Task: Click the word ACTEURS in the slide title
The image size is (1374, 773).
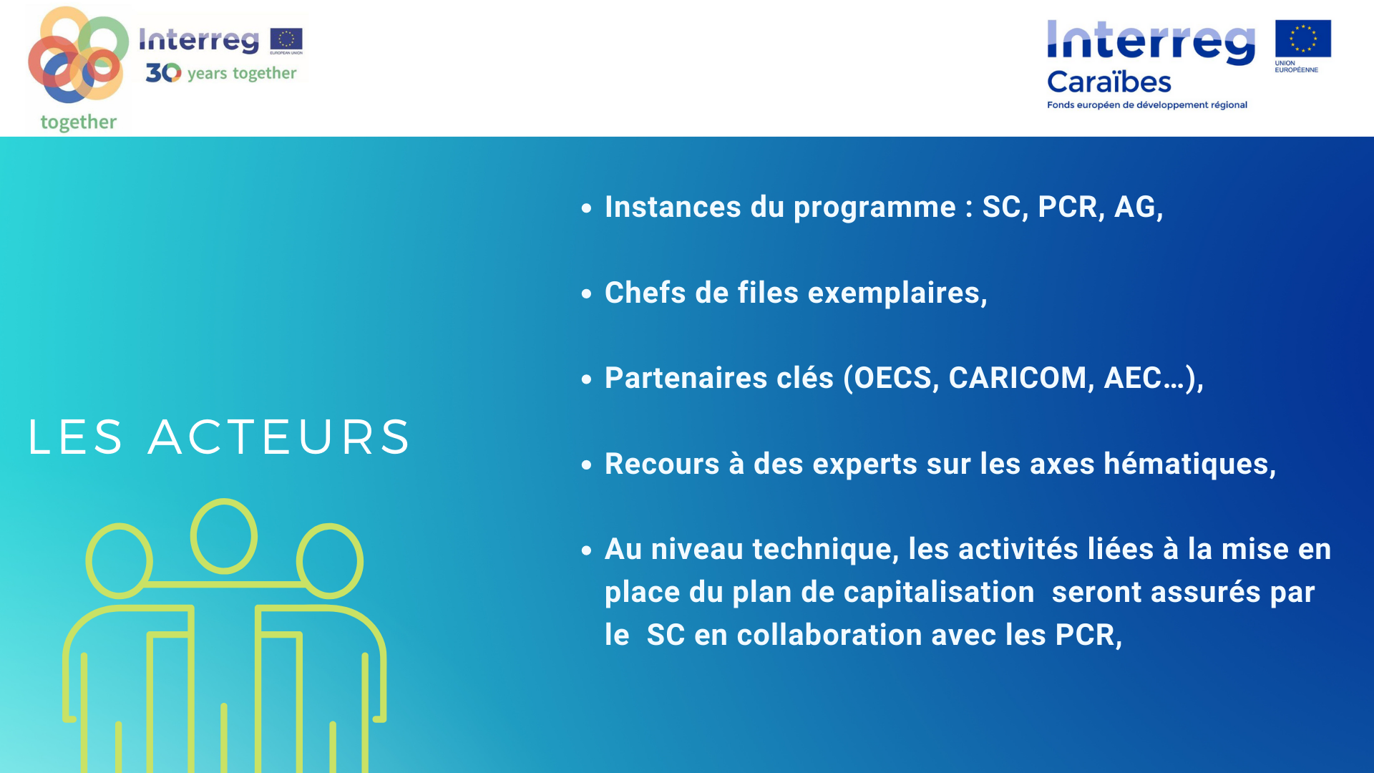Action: (x=279, y=437)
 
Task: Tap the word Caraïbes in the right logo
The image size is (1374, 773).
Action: (x=1109, y=82)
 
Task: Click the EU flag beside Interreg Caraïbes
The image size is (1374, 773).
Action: (x=1302, y=39)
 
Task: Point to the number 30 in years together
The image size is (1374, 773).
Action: (x=163, y=72)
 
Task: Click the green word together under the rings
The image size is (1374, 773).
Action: (x=79, y=122)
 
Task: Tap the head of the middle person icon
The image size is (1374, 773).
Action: (x=224, y=536)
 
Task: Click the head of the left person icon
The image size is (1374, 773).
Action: (x=119, y=561)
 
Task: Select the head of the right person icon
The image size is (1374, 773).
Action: (x=330, y=561)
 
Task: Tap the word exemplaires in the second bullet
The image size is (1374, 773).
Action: (x=897, y=293)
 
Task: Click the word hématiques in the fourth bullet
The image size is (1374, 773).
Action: (x=1189, y=464)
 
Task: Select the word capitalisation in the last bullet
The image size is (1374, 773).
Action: (x=939, y=593)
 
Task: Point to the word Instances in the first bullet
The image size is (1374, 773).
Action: (x=673, y=207)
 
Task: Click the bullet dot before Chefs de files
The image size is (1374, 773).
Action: (x=587, y=293)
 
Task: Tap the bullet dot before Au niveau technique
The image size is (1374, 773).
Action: (x=587, y=550)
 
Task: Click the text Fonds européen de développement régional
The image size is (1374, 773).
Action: (x=1147, y=105)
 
